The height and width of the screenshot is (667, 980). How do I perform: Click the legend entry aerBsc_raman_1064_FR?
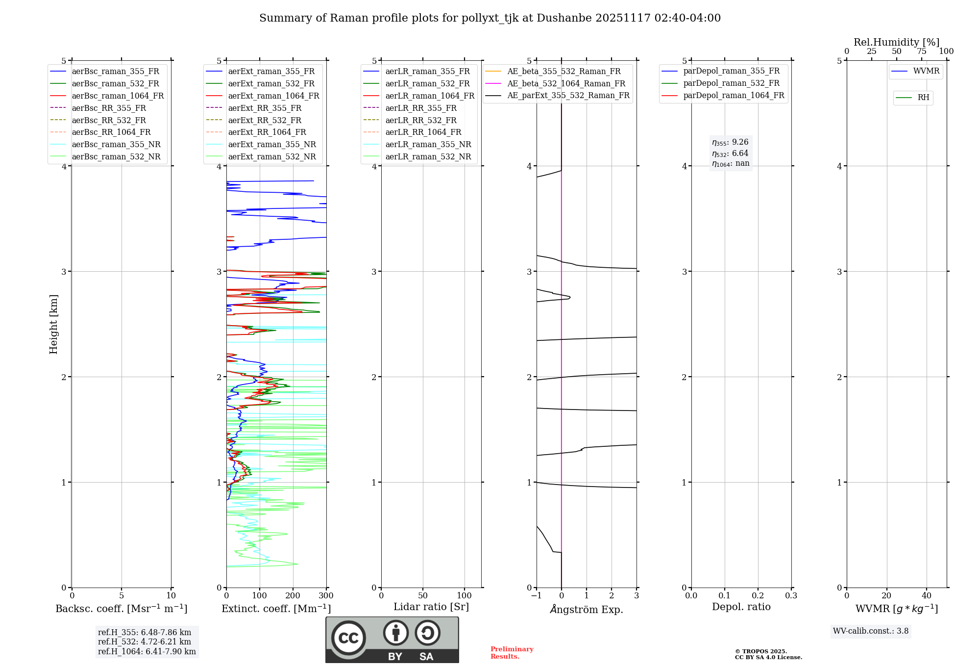[118, 96]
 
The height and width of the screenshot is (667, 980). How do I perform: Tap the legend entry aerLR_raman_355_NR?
[428, 145]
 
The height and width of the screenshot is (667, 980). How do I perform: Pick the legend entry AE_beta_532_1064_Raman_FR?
[566, 84]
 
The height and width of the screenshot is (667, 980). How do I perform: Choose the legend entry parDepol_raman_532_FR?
[731, 83]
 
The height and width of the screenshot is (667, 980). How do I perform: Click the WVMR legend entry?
[926, 72]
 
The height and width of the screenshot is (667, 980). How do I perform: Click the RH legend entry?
[923, 98]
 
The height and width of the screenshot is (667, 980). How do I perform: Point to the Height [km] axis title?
[53, 324]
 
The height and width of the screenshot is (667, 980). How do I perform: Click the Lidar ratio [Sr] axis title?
[431, 607]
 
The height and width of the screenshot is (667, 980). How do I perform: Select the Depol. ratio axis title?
[741, 607]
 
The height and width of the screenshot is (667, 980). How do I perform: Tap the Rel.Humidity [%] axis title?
[896, 42]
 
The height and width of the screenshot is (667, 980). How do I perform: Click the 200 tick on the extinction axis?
[293, 596]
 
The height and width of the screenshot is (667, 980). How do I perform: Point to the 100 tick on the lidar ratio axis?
[465, 596]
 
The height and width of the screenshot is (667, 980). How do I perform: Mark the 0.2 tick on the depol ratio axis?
[758, 596]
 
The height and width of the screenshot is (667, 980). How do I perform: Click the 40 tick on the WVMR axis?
[926, 596]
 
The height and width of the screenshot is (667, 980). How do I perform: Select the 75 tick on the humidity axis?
[922, 51]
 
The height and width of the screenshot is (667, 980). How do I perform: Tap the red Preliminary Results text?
[512, 653]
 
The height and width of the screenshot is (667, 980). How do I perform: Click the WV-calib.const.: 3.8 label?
[870, 631]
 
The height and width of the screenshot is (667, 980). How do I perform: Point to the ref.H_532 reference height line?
[145, 642]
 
